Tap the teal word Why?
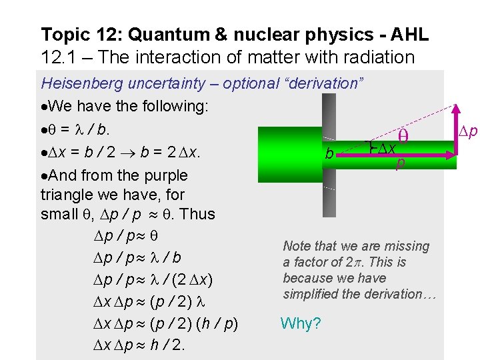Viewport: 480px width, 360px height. (301, 324)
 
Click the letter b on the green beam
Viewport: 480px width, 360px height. (329, 154)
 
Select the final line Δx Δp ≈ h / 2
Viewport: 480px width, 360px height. (137, 345)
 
